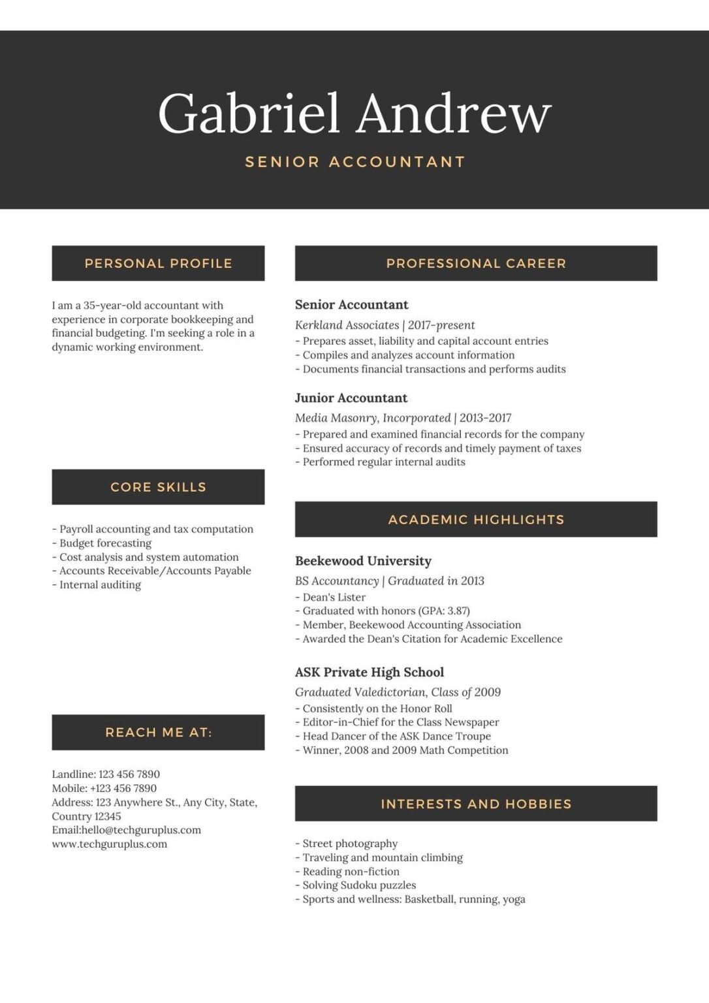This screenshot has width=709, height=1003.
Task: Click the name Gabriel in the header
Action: click(249, 114)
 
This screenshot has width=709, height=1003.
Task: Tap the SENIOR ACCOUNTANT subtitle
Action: click(355, 162)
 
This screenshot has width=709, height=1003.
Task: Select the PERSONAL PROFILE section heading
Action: click(158, 264)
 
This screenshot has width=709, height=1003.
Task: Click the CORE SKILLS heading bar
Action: click(158, 487)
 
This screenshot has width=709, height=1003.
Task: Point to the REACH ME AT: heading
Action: click(158, 733)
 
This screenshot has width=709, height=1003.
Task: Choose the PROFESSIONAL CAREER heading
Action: click(476, 264)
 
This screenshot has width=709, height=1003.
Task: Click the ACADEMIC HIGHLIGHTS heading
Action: click(476, 520)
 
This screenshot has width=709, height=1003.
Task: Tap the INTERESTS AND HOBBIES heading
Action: click(476, 804)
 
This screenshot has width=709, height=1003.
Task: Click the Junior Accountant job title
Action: click(351, 398)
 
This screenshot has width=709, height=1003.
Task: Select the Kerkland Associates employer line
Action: click(385, 325)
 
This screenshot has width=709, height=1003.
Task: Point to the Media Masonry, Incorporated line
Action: click(403, 418)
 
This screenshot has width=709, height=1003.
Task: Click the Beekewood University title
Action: click(363, 561)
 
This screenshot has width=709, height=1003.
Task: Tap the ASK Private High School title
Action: click(369, 673)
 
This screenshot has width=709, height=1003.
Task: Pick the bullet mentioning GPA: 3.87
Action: click(385, 611)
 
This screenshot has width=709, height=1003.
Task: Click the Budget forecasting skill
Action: click(104, 543)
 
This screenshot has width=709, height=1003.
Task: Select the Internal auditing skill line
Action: click(99, 585)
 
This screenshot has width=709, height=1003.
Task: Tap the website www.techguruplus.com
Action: click(109, 844)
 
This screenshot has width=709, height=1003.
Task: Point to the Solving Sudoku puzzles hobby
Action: click(358, 885)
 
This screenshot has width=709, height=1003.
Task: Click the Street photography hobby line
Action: click(349, 844)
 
